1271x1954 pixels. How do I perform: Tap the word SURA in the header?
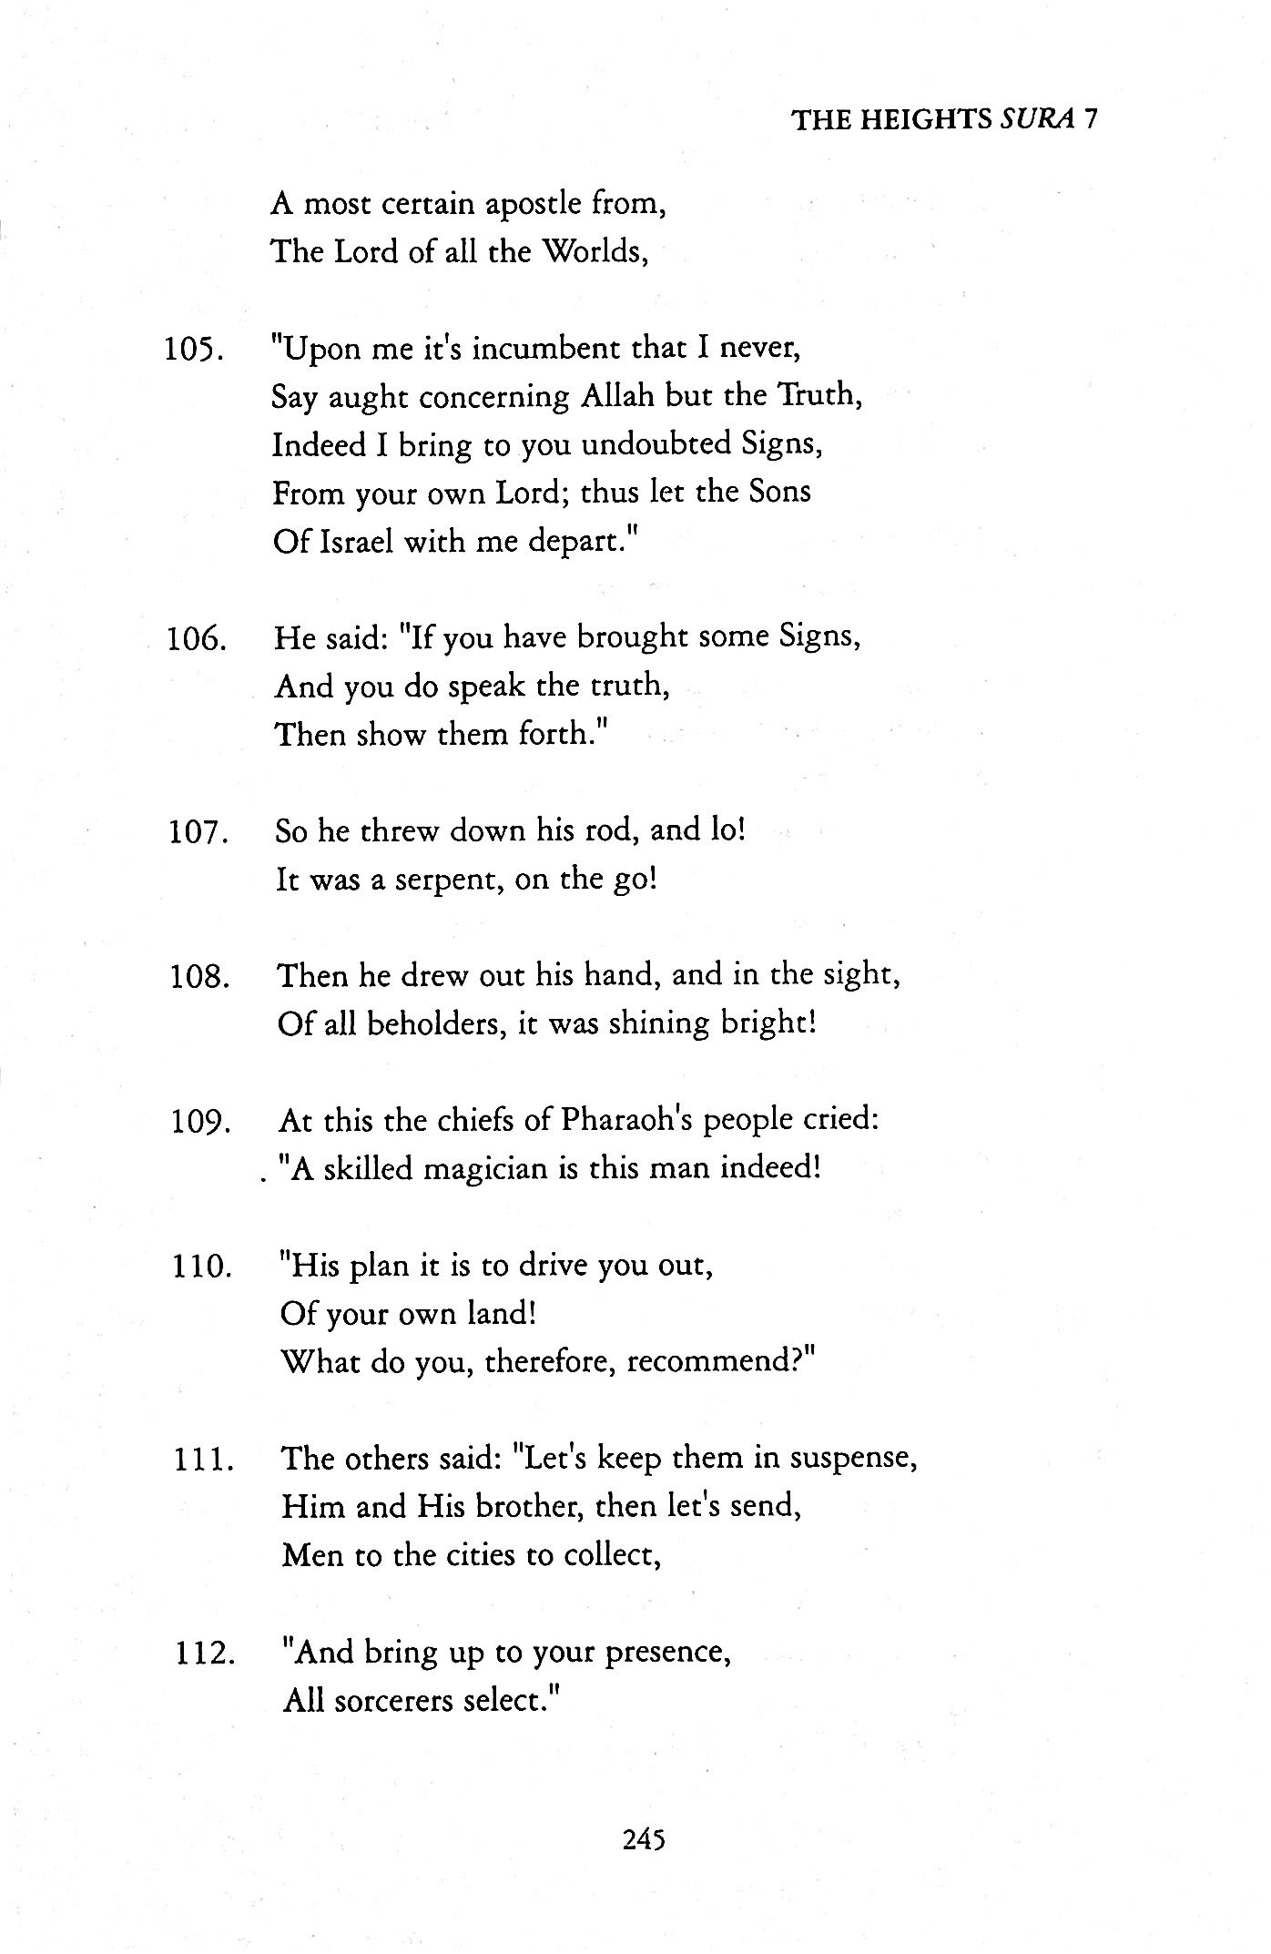(x=1038, y=119)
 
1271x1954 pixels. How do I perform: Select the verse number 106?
(x=195, y=640)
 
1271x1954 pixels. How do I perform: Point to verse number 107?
(x=197, y=833)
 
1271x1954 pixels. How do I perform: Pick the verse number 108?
(x=198, y=978)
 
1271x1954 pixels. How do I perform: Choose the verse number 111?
(x=203, y=1460)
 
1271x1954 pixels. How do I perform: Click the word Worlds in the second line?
(x=595, y=251)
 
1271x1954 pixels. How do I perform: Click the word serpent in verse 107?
(x=448, y=880)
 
